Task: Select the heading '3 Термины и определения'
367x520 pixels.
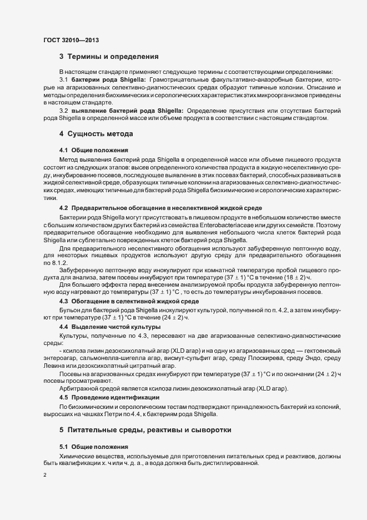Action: point(109,57)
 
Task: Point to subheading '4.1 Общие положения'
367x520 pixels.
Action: point(93,151)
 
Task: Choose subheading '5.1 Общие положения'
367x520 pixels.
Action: point(93,447)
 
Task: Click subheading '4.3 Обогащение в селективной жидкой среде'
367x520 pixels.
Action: point(129,301)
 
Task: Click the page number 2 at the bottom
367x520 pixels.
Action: point(44,476)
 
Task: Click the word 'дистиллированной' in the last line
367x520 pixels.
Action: point(229,463)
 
